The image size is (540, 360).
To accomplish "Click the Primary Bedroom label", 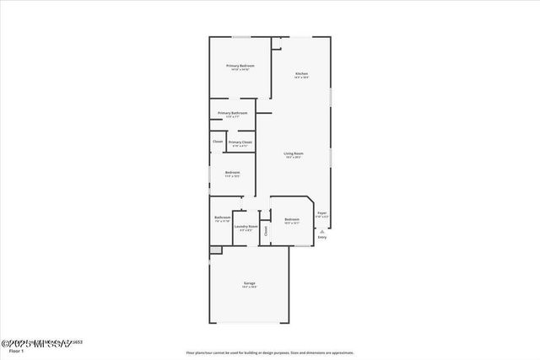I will point(240,66).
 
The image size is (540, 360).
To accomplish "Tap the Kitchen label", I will point(301,74).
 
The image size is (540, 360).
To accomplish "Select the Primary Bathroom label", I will point(232,114).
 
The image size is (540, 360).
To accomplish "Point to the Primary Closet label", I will point(240,142).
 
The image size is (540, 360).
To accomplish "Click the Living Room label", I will point(294,153).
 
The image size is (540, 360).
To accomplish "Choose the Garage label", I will point(250,283).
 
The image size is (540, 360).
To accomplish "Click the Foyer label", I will point(321,214).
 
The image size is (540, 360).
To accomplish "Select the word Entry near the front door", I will point(321,238).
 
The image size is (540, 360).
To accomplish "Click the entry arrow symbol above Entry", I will point(321,230).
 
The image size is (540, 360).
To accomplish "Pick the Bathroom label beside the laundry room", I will point(223,218).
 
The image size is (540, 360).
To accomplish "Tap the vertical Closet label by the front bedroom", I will point(266,229).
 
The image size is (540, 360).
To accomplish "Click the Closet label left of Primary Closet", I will point(218,142).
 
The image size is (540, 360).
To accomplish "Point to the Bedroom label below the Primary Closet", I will point(232,173).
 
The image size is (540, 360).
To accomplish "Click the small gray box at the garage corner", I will point(215,250).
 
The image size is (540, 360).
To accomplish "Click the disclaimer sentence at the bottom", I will point(269,353).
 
